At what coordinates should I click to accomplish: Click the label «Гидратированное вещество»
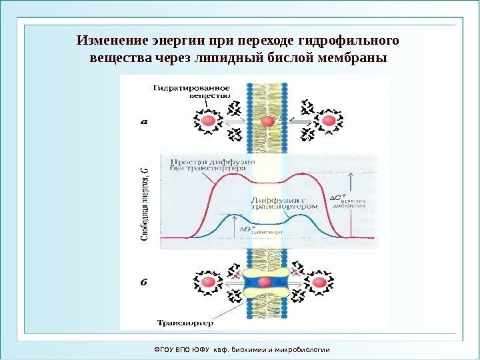(193, 91)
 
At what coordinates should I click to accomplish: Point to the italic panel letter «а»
(143, 121)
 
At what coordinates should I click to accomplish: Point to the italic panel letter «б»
(143, 281)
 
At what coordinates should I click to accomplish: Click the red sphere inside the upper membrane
(267, 121)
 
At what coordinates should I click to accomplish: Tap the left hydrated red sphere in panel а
(209, 121)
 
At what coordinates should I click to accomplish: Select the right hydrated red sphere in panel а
(328, 121)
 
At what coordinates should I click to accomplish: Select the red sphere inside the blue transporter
(265, 282)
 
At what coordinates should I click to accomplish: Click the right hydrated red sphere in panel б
(321, 282)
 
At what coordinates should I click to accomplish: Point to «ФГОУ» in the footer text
(163, 349)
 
